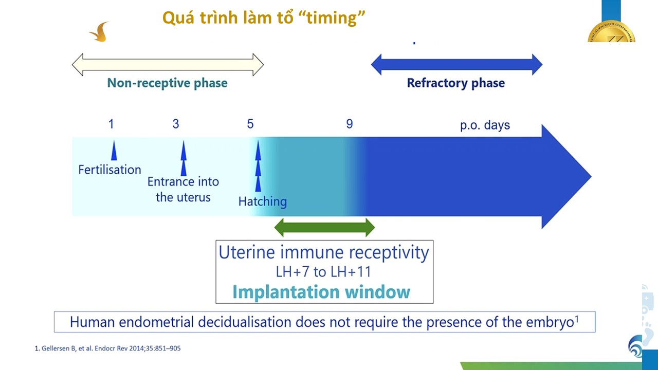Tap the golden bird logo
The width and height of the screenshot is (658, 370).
99,32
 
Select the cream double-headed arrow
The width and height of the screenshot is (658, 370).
168,65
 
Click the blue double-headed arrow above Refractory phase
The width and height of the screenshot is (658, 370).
457,65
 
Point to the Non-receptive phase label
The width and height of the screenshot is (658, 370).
167,83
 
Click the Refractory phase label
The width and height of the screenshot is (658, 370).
455,83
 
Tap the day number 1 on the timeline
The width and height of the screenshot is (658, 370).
111,124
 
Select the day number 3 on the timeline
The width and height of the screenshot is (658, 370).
176,124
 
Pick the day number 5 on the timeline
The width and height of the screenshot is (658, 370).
250,124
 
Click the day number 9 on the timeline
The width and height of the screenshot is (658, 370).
349,124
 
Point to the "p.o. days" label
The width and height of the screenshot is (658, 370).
485,125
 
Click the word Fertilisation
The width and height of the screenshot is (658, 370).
109,170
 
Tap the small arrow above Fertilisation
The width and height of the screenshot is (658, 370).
114,151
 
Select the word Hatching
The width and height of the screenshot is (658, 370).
263,202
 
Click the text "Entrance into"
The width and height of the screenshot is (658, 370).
183,182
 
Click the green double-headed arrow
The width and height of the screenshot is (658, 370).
324,227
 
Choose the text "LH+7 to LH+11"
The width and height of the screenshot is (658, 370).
323,272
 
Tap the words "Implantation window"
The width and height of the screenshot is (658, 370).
321,292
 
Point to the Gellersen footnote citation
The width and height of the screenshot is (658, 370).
108,348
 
